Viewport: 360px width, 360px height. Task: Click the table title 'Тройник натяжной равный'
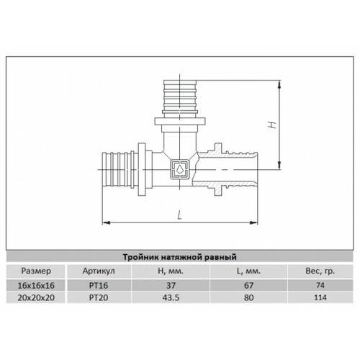tap(180, 257)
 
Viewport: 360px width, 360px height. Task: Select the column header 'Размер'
tap(36, 271)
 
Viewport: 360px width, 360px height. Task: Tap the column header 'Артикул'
tap(99, 271)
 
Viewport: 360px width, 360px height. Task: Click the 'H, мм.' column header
tap(171, 271)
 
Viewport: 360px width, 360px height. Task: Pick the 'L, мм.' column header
tap(248, 271)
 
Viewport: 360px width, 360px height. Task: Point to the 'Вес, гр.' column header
tap(320, 271)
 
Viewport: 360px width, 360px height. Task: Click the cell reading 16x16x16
tap(36, 286)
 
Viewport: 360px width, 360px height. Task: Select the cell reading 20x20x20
tap(36, 298)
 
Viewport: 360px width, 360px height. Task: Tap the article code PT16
tap(99, 286)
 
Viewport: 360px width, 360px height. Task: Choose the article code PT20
tap(99, 298)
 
